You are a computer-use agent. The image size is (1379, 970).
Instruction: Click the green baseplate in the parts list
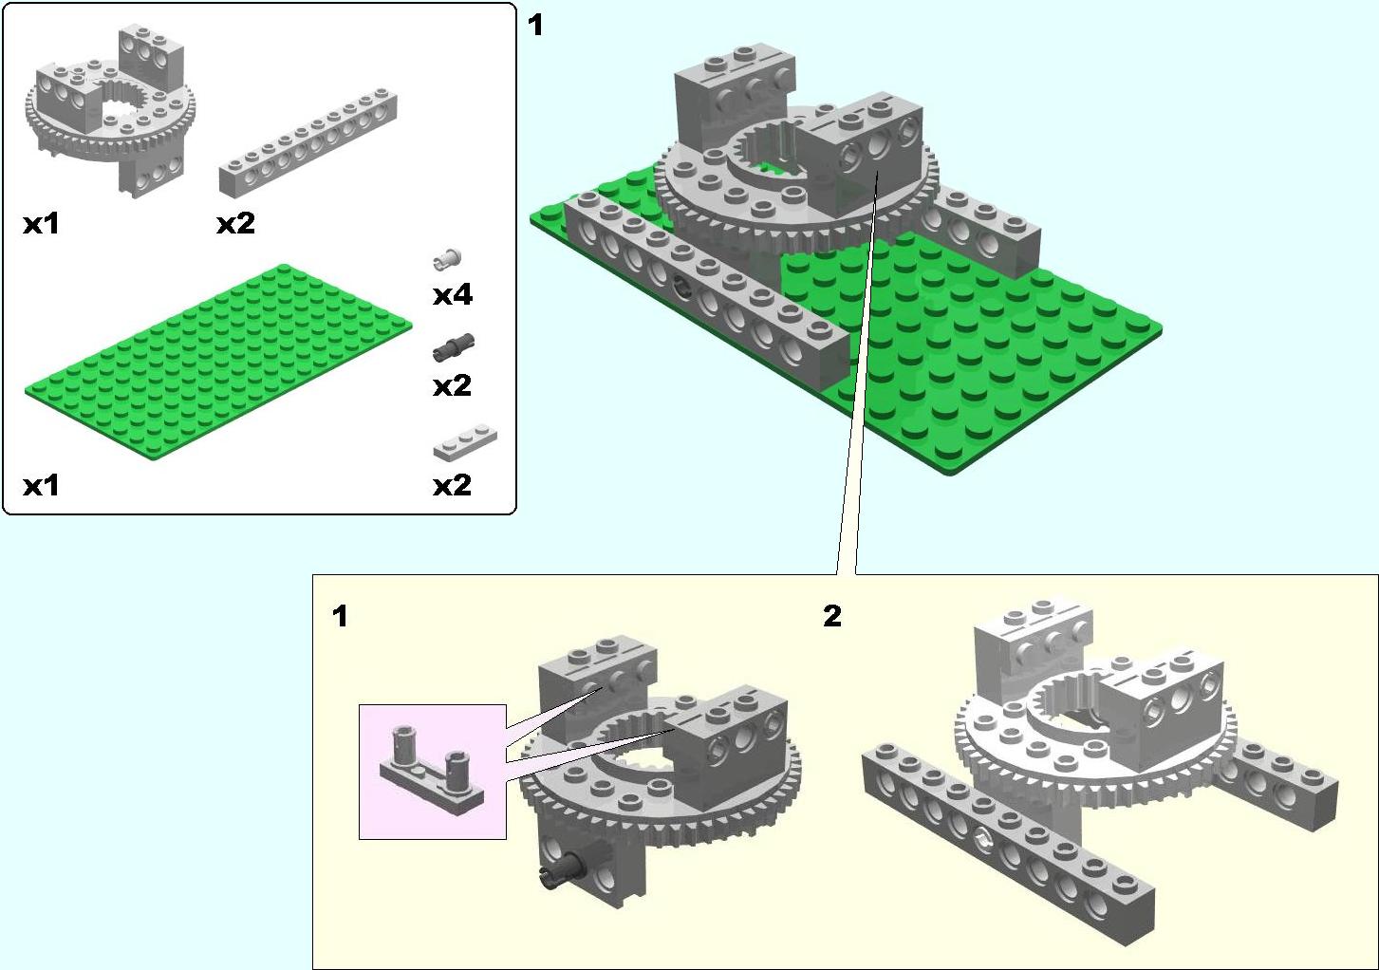(x=218, y=364)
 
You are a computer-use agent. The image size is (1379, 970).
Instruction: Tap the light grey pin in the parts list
(x=448, y=259)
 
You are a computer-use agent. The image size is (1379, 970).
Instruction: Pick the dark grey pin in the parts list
(x=454, y=347)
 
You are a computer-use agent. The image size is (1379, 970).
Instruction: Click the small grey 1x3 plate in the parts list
(x=465, y=442)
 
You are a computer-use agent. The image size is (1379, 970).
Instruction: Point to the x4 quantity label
(x=453, y=295)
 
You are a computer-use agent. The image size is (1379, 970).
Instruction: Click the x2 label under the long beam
(x=235, y=223)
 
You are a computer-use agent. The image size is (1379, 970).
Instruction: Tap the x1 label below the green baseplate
(x=41, y=486)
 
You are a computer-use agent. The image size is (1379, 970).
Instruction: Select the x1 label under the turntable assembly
(x=41, y=223)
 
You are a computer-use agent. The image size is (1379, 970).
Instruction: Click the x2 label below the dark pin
(x=453, y=386)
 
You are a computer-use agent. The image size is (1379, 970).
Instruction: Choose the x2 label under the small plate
(x=453, y=486)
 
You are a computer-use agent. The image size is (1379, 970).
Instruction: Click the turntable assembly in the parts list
(x=110, y=111)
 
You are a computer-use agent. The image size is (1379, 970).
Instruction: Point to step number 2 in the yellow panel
(x=831, y=616)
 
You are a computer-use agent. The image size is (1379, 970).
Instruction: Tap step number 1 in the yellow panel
(x=340, y=616)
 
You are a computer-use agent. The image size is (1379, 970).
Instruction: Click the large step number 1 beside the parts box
(x=535, y=26)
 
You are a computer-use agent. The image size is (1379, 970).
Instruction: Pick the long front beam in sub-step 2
(x=1008, y=843)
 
